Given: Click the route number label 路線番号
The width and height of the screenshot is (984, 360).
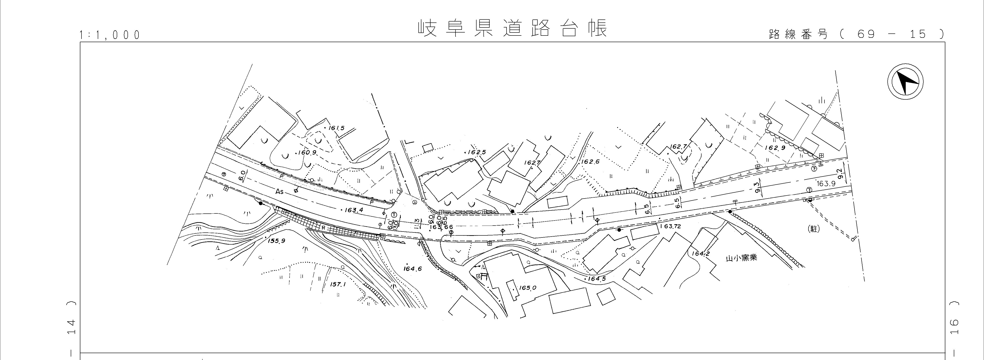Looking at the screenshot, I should [x=798, y=34].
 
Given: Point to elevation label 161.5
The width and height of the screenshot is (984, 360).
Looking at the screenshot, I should [x=336, y=128].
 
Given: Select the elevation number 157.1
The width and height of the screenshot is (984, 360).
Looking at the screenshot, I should [x=338, y=285].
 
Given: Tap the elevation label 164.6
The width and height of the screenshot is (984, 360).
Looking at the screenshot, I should [x=412, y=269].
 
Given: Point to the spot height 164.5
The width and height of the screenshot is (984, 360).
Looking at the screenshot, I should [x=597, y=279].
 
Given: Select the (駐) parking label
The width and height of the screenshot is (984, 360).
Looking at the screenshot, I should [x=814, y=229].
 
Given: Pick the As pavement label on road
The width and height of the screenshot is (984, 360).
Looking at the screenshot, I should [x=280, y=192].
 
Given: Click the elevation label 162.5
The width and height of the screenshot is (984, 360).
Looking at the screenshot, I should [x=477, y=152].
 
